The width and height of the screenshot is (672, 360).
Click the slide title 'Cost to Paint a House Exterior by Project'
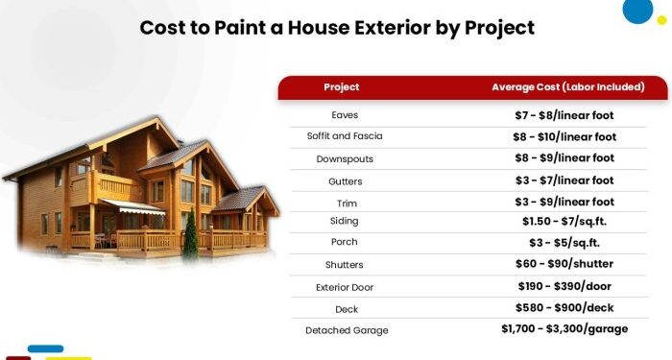pos(337,27)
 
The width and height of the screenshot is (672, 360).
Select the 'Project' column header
pos(342,87)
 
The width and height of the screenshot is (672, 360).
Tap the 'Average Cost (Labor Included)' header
pos(567,87)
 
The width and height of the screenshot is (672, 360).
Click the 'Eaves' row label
pos(345,115)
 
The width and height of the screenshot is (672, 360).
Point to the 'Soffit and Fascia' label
pos(345,136)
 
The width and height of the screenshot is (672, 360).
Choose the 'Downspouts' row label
pos(345,158)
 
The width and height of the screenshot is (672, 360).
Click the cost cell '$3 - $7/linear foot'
pos(564,180)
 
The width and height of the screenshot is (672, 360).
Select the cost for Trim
pos(564,202)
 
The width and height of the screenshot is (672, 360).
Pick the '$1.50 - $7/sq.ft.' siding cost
pos(564,221)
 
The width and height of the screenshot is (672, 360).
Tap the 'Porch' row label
pos(345,242)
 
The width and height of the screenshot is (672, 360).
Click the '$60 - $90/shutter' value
pos(564,264)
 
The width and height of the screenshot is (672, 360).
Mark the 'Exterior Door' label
pos(345,287)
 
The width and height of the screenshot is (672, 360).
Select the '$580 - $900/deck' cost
pos(564,308)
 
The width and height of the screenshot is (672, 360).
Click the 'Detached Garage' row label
pos(348,330)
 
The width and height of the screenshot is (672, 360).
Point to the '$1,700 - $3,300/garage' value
pos(564,329)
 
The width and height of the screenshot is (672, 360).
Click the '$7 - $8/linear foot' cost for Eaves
pos(564,115)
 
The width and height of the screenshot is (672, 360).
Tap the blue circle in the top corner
pos(637,10)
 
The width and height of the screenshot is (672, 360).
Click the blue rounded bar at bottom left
pos(45,348)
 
